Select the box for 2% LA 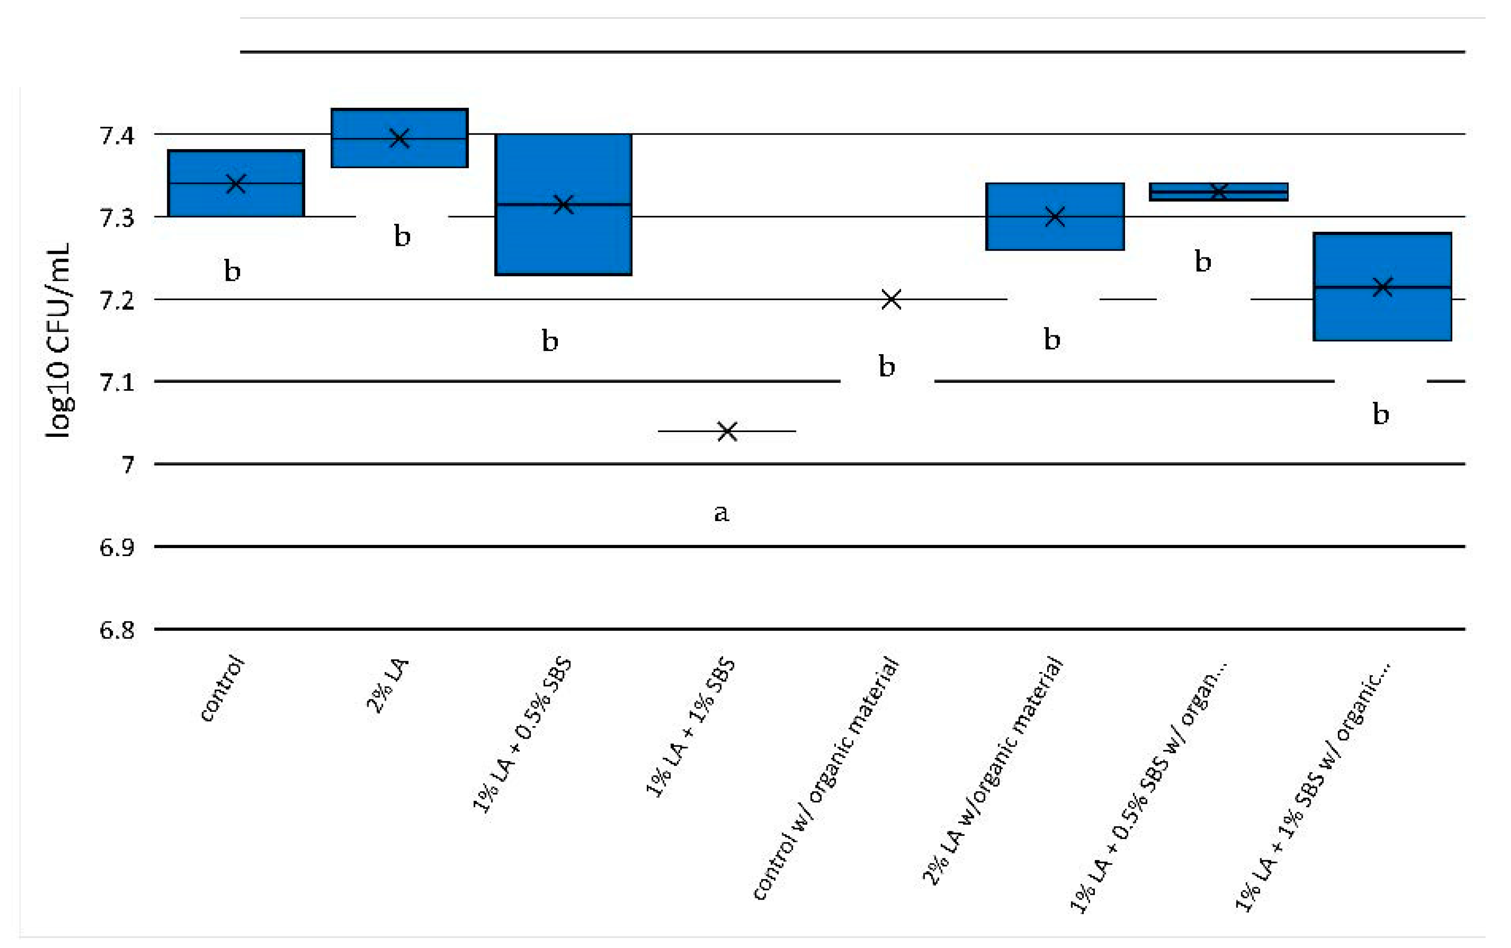click(399, 138)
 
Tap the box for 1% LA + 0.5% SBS click(563, 204)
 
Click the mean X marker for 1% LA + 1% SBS click(727, 431)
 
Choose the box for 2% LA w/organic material click(1055, 217)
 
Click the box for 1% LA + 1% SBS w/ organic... click(1382, 286)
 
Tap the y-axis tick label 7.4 click(117, 135)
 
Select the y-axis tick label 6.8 click(117, 630)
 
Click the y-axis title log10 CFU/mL click(58, 340)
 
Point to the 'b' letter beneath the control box click(232, 271)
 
